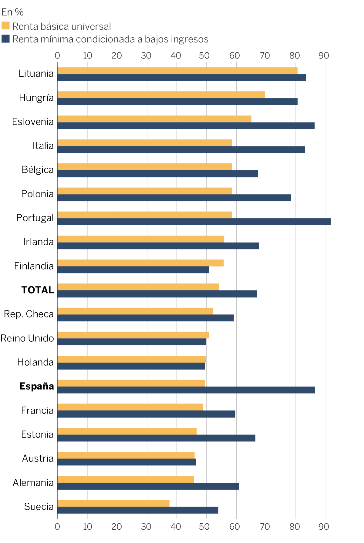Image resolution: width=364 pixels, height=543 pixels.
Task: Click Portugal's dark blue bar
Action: [194, 222]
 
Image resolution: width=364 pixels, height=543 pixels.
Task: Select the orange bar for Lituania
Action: [177, 71]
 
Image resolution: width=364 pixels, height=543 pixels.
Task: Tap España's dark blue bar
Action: [186, 390]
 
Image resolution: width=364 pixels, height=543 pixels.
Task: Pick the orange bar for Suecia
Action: [113, 503]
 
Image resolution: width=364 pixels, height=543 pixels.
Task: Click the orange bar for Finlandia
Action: [140, 263]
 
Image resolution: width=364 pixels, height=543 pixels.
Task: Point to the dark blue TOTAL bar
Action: [157, 294]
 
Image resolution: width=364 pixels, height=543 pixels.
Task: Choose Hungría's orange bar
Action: [161, 95]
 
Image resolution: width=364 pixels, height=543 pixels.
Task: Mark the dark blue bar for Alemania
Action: [148, 486]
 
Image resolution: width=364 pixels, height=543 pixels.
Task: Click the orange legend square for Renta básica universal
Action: [5, 26]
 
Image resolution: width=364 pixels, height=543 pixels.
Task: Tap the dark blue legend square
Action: [5, 39]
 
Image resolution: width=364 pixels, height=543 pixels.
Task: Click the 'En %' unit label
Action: [12, 12]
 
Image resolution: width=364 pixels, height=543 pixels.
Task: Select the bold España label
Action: [37, 386]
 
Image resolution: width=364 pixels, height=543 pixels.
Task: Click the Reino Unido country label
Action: [27, 338]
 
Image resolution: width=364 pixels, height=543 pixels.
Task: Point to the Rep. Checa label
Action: [29, 314]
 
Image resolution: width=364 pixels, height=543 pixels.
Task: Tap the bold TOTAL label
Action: [38, 290]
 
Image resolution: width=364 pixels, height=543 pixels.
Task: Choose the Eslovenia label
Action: [33, 122]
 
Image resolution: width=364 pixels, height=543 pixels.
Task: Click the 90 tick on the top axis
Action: [324, 55]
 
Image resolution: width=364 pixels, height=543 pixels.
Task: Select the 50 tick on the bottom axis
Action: [204, 527]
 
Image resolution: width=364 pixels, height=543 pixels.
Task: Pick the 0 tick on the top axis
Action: [57, 55]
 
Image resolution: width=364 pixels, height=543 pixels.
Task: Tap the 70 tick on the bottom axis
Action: [265, 527]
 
